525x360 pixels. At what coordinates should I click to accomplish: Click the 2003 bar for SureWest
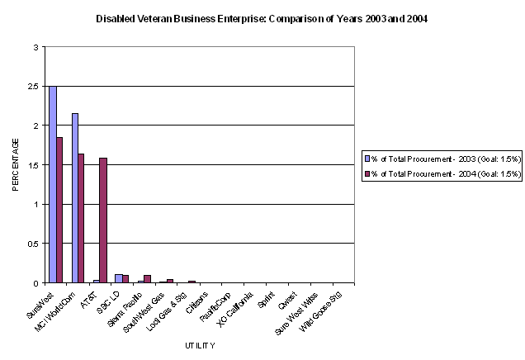[53, 184]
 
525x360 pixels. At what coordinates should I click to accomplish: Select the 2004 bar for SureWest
[59, 210]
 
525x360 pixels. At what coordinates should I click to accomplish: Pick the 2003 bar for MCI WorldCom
[75, 198]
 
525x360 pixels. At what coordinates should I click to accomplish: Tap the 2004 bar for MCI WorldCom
[82, 218]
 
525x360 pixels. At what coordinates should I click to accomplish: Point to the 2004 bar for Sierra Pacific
[147, 279]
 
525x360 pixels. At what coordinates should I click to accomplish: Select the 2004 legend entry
[443, 173]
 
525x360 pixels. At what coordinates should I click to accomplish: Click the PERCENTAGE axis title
[16, 165]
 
